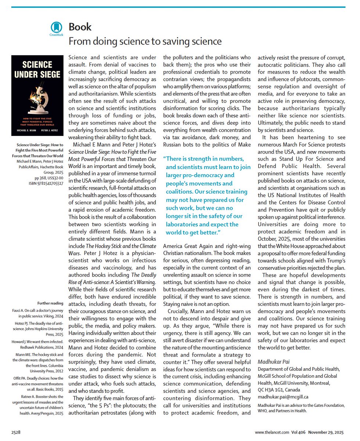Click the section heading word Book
[x=80, y=27]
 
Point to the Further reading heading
[x=50, y=303]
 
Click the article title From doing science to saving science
[x=145, y=41]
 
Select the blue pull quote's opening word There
[x=174, y=158]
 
